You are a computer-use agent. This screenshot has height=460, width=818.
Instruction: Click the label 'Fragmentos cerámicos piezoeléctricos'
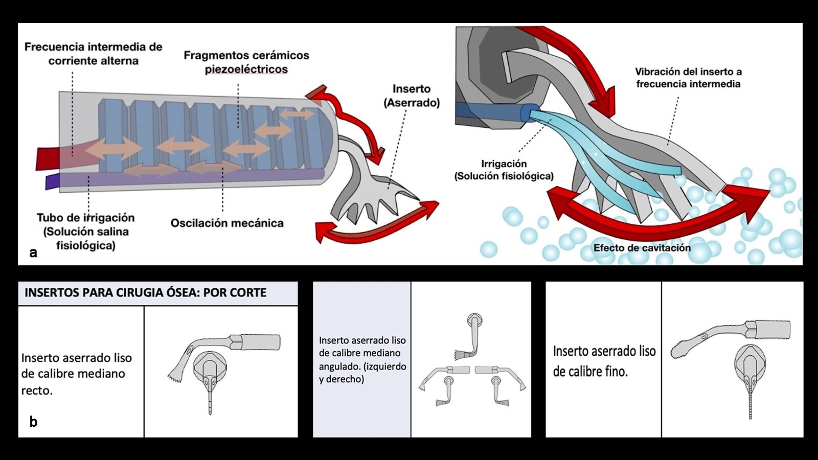[x=246, y=62]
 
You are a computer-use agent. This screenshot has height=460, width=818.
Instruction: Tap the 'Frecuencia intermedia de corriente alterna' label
[x=93, y=54]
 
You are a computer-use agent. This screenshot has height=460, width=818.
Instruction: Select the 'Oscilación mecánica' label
[x=226, y=223]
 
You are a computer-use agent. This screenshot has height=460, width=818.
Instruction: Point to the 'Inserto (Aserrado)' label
[x=412, y=96]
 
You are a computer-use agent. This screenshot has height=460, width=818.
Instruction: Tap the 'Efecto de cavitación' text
[x=642, y=248]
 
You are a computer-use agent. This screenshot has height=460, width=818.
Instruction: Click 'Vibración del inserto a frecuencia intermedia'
[x=688, y=78]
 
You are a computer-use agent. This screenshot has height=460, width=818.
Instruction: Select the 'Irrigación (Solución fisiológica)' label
[x=504, y=170]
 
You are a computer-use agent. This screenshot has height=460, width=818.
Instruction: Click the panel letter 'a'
[x=33, y=252]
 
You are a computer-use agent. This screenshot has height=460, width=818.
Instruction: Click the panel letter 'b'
[x=33, y=422]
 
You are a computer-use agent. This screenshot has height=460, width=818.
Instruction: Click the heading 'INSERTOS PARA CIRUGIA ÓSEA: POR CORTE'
[x=146, y=293]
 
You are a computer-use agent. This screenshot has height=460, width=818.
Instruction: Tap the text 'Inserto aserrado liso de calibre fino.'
[x=604, y=361]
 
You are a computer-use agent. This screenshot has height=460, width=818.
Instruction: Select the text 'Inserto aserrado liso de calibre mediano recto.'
[x=77, y=374]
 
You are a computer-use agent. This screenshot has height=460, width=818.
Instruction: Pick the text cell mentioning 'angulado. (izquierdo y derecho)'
[x=362, y=359]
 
